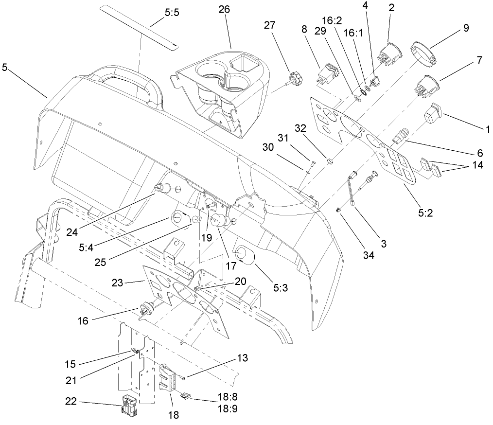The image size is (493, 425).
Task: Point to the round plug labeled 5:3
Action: click(x=242, y=254)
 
